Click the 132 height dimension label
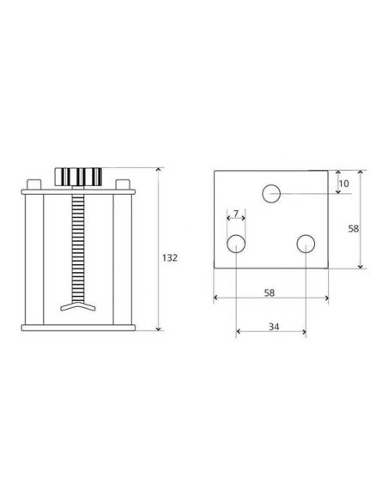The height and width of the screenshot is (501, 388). [x=169, y=258]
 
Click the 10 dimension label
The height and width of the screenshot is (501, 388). [x=344, y=184]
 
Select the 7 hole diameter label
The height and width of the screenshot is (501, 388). [x=236, y=213]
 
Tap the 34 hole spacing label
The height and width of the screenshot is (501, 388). [x=274, y=327]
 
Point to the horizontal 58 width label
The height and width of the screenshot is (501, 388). [x=270, y=293]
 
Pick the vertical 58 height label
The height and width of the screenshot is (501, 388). [x=353, y=229]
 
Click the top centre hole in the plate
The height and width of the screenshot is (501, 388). [x=271, y=194]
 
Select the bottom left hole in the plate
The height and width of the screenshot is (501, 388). [x=236, y=244]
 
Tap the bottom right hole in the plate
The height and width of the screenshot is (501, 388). [x=306, y=244]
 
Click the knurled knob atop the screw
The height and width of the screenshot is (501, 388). [x=78, y=177]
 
